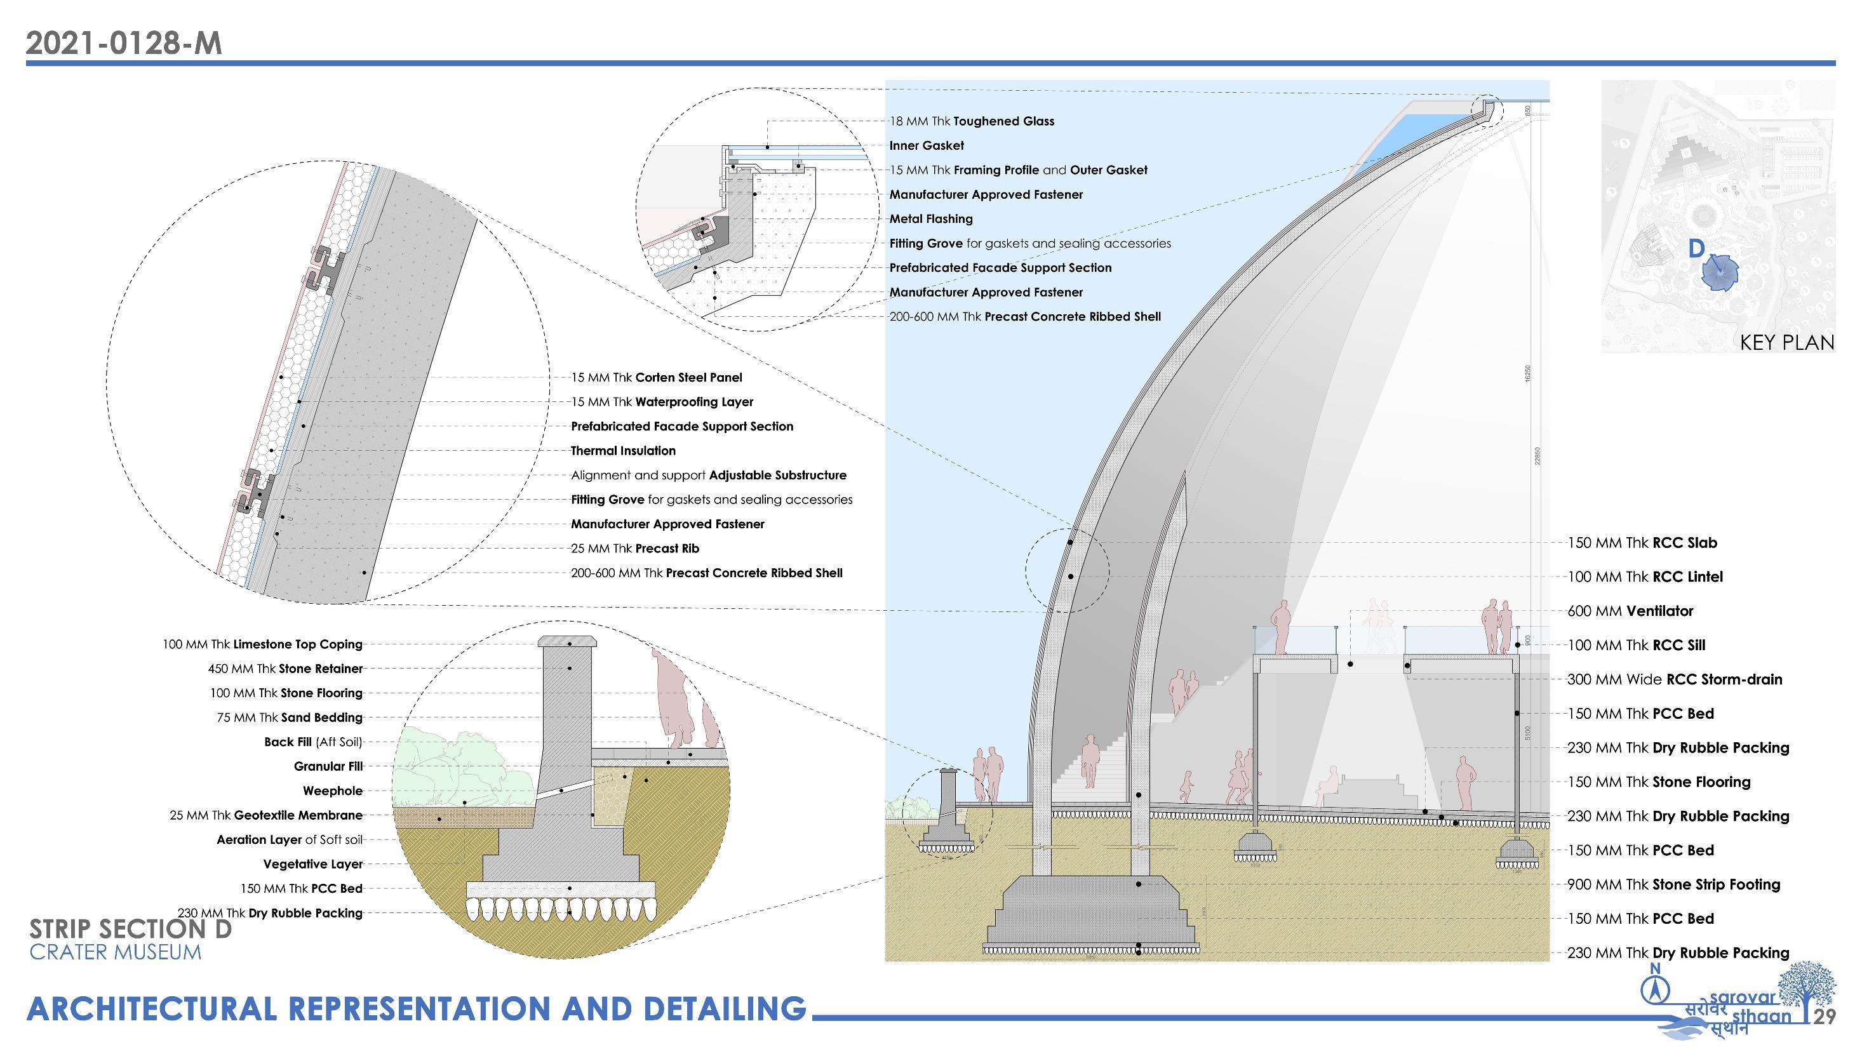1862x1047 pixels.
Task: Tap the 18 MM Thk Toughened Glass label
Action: [972, 121]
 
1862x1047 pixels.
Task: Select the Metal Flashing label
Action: [931, 219]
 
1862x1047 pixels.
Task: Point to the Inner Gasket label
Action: [927, 146]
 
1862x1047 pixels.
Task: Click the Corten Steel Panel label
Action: [656, 378]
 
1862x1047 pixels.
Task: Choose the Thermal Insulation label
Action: [623, 451]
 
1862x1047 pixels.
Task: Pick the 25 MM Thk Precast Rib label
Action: [635, 549]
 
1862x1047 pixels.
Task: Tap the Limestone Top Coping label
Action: [262, 644]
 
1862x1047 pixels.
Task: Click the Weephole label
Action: [333, 791]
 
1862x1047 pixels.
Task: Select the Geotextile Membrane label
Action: [266, 816]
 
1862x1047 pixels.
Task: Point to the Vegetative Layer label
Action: [313, 864]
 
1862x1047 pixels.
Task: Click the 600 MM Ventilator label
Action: [1630, 611]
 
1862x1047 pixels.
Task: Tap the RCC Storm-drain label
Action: [1674, 680]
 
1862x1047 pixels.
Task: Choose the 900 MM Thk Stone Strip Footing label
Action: [1673, 885]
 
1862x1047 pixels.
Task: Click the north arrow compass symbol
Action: [1654, 988]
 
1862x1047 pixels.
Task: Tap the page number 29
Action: [1825, 1017]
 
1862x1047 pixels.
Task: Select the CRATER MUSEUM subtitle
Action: [116, 952]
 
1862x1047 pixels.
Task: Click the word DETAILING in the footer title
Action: [723, 1010]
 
